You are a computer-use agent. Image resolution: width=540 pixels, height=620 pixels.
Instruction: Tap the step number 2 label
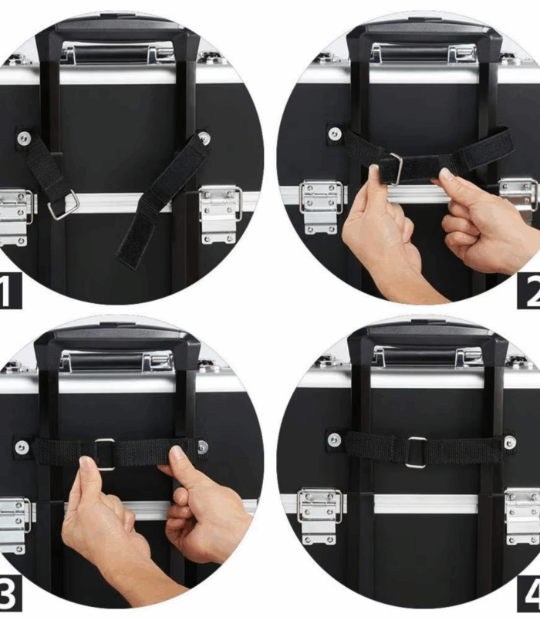(529, 291)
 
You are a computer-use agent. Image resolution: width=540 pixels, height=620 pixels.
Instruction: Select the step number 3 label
(10, 593)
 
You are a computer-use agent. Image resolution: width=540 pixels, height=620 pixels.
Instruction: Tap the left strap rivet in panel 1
(24, 138)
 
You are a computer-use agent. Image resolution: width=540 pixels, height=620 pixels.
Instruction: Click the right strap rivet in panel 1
(204, 138)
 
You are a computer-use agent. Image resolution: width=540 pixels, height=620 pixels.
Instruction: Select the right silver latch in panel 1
(220, 214)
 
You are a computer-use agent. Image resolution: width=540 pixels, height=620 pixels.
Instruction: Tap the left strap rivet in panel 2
(335, 133)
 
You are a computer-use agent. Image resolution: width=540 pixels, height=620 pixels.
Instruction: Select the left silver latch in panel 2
(321, 207)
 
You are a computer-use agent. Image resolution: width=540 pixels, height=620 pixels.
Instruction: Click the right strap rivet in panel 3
(202, 446)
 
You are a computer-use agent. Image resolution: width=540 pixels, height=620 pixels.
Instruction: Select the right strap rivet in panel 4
(510, 442)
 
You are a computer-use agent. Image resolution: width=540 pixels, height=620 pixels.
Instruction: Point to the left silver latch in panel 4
(319, 516)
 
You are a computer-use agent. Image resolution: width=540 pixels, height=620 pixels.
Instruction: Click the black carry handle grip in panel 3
(106, 362)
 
